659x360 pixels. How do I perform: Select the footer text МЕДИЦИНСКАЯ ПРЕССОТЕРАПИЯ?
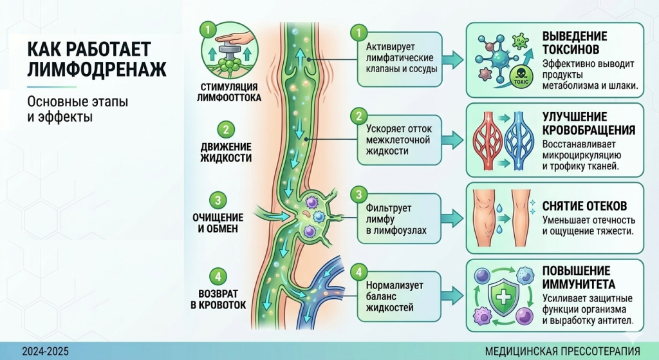[x=562, y=352]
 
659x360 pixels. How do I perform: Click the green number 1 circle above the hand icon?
[x=207, y=29]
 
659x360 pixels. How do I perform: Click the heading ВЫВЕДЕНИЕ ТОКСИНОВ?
[x=574, y=43]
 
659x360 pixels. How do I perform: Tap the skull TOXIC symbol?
[x=518, y=75]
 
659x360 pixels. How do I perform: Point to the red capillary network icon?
[x=492, y=139]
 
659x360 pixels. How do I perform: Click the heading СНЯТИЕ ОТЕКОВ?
[x=584, y=206]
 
